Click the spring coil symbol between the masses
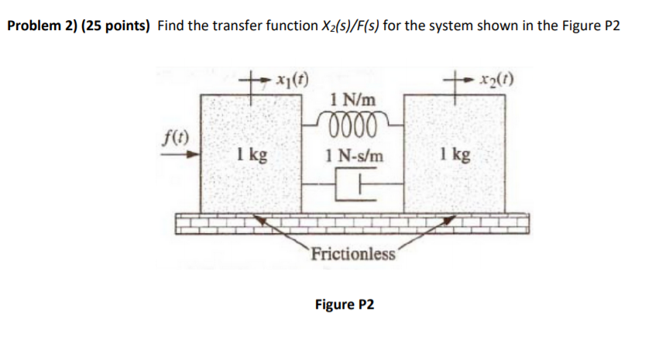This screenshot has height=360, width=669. coord(352,123)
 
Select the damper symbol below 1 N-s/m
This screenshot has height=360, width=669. coord(353,187)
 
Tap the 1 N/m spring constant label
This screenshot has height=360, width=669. coord(352,100)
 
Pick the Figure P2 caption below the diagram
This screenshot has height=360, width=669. coord(344,303)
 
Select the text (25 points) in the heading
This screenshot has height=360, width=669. coord(116,26)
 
